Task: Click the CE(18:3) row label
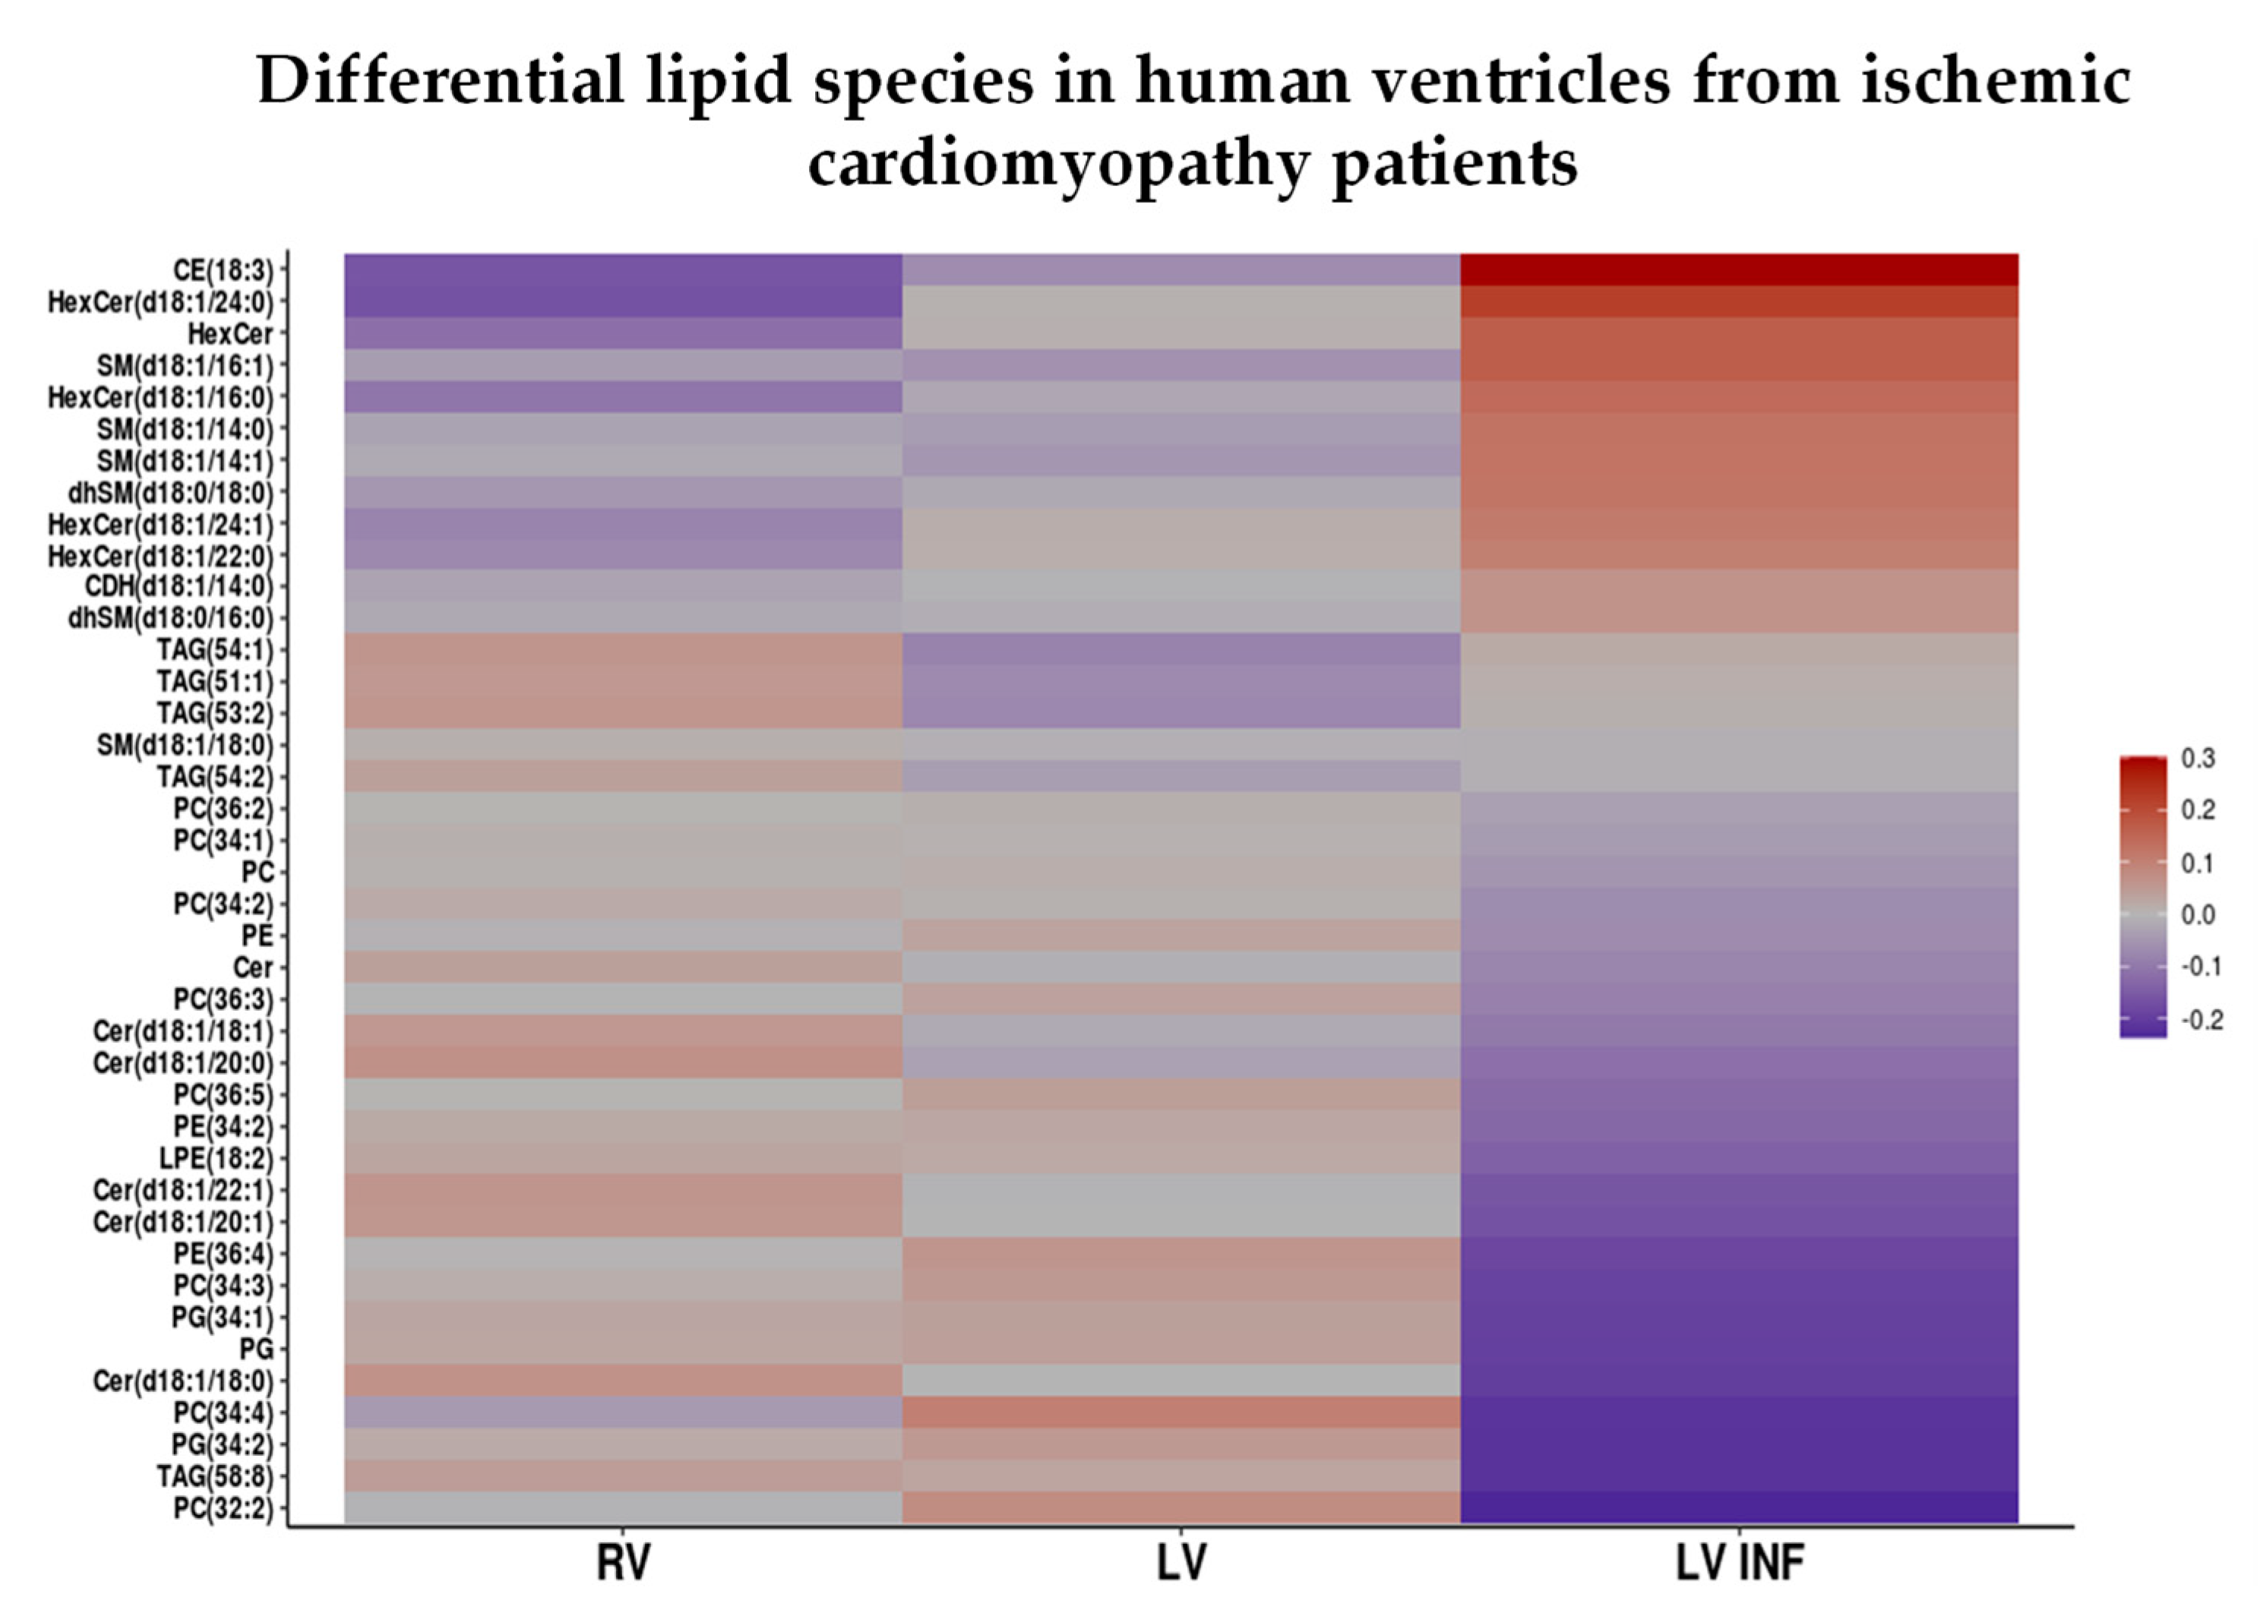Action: (223, 270)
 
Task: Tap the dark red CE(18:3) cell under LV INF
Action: (1739, 270)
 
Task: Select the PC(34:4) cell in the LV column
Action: (1180, 1411)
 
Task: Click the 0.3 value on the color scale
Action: (2198, 759)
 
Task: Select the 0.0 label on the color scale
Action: (2198, 915)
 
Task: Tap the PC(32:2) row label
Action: (223, 1507)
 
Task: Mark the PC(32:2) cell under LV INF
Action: (1739, 1507)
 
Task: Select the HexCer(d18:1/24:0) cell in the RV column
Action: (623, 302)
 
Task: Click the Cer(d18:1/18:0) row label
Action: (183, 1381)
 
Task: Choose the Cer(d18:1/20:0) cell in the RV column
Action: (623, 1062)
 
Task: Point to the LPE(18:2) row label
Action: (216, 1158)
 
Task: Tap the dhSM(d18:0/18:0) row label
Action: (170, 493)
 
